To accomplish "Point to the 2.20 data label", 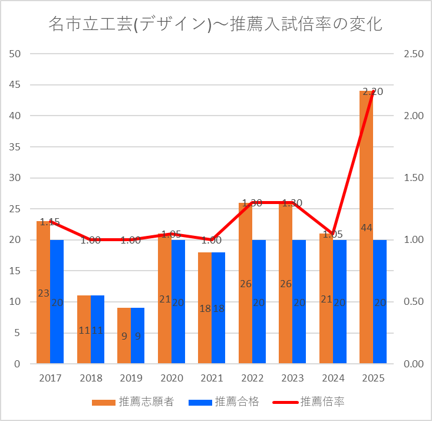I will (372, 91).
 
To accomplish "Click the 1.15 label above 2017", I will (50, 222).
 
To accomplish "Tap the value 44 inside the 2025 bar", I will (366, 228).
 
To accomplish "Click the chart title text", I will (216, 25).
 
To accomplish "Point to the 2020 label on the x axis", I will (172, 379).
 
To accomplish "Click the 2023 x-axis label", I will (292, 379).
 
